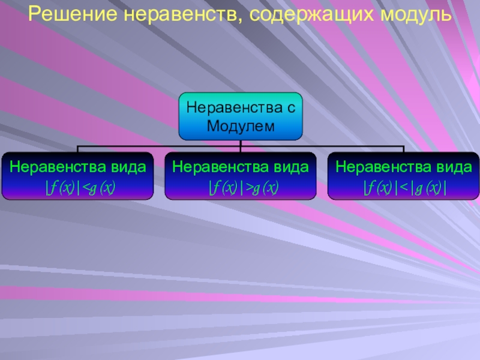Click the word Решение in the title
[67, 13]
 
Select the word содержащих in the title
[300, 13]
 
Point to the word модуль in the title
[408, 13]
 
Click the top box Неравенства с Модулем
[240, 116]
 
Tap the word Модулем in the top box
[240, 126]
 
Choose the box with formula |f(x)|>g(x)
[240, 176]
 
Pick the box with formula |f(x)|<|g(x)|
[403, 176]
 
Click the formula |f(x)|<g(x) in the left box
[80, 190]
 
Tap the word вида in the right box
[454, 166]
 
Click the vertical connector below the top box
[240, 144]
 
